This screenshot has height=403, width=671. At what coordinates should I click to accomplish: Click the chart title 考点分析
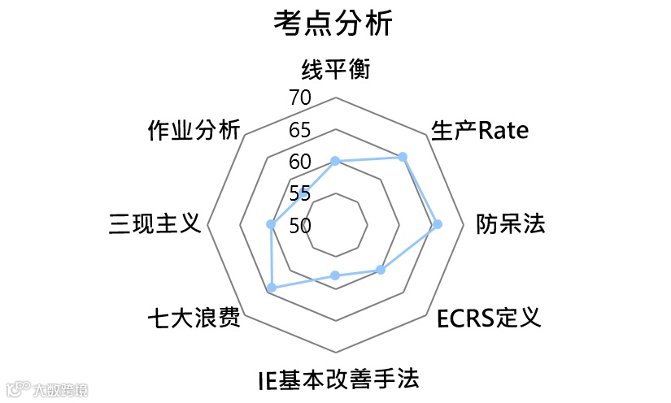334,24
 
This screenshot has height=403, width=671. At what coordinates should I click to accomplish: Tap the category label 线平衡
335,70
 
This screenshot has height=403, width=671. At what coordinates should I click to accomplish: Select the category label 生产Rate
481,130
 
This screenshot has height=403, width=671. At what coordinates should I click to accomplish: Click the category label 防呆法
511,224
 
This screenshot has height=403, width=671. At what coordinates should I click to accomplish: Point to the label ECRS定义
488,318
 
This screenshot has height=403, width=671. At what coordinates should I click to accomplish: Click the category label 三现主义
155,223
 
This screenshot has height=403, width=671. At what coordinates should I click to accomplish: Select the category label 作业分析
194,130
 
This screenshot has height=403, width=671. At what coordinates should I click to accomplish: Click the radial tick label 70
300,98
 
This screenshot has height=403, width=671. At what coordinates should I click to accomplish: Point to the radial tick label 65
300,130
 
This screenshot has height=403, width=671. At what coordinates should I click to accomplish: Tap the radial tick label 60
300,162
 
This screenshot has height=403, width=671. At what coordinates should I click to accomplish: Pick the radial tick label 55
300,193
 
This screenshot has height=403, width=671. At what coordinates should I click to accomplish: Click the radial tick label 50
300,225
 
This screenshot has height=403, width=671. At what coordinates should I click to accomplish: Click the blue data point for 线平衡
335,162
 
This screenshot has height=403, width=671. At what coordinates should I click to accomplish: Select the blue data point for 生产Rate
403,156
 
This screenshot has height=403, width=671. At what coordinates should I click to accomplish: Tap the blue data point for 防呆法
438,224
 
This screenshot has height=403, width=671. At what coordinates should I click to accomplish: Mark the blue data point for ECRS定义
380,270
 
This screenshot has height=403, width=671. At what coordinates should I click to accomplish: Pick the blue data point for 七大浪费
272,288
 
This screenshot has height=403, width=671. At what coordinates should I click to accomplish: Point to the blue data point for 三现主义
271,224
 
